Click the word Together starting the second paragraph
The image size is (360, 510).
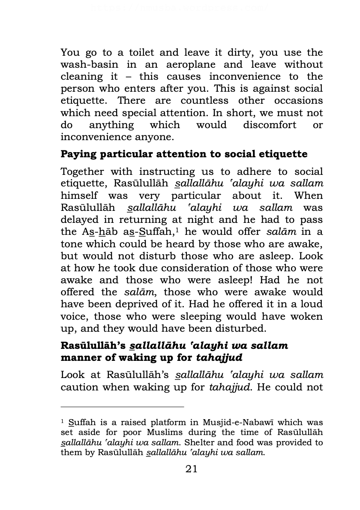click(x=82, y=172)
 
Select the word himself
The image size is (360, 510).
click(x=79, y=196)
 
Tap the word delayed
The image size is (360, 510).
click(x=78, y=220)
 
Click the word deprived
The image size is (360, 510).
click(x=148, y=304)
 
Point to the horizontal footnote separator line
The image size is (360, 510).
click(x=122, y=407)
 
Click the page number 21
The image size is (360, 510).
click(x=192, y=469)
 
